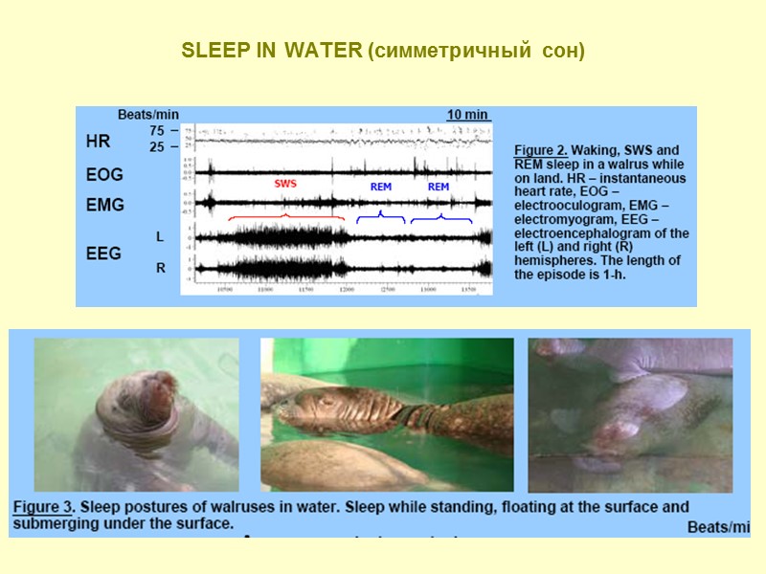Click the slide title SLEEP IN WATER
383,50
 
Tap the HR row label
98,142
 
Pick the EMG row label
103,205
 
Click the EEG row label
103,254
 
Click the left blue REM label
380,188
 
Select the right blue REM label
439,188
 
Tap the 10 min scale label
469,115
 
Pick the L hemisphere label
160,235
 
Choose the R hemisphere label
160,269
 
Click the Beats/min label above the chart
148,115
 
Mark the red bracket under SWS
284,220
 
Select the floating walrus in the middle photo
364,411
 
